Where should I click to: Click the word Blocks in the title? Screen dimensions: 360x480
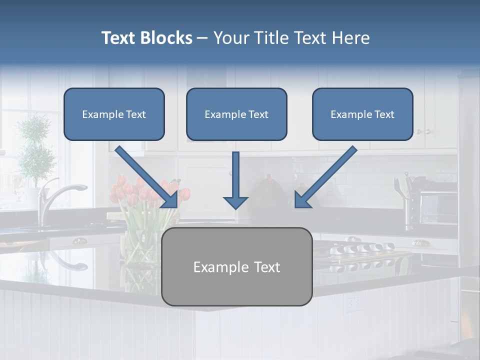coord(166,38)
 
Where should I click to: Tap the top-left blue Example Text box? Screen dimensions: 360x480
coord(114,114)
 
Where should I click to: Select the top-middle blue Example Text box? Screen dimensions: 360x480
coord(236,114)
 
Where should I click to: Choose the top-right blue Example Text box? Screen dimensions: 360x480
coord(362,114)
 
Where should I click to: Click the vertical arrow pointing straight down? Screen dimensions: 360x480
coord(235,180)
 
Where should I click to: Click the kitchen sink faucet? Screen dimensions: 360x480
coord(55,197)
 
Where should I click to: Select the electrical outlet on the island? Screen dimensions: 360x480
coord(354,301)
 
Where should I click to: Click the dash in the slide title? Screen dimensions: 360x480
coord(202,38)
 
